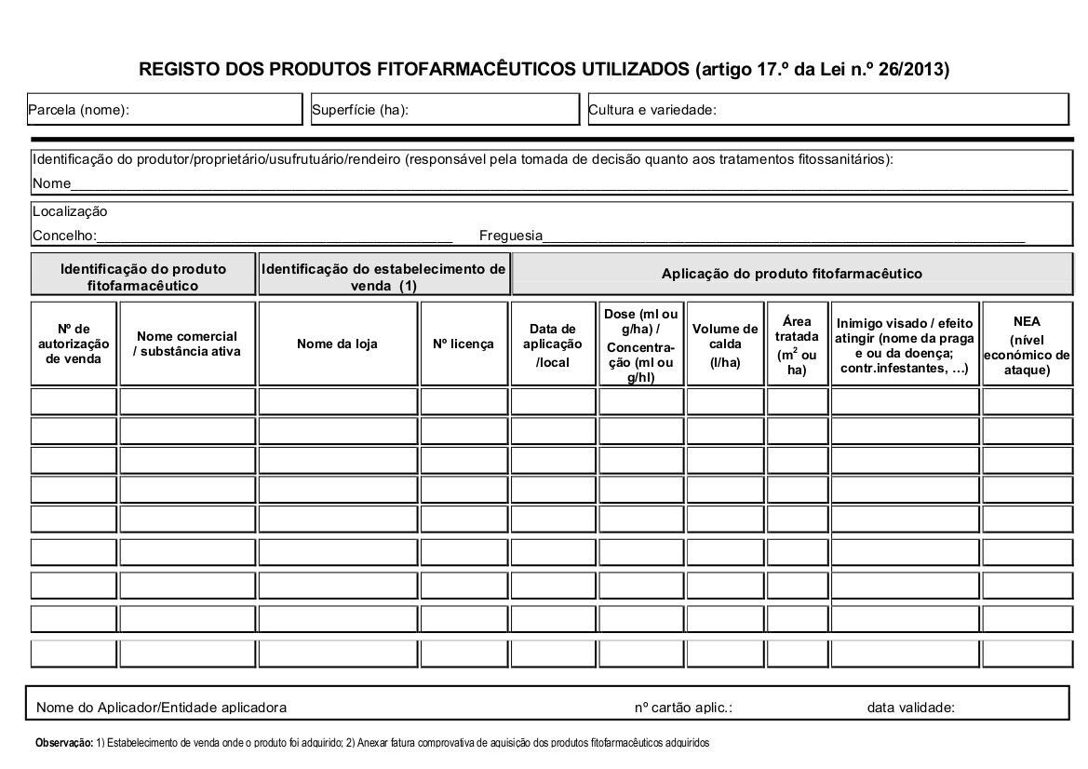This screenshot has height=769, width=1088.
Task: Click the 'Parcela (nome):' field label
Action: point(78,110)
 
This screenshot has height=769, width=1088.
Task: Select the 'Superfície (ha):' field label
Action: point(360,110)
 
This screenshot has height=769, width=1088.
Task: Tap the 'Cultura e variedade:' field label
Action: point(652,110)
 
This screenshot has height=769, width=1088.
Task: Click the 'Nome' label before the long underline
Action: point(51,183)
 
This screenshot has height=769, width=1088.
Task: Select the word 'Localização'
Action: point(70,211)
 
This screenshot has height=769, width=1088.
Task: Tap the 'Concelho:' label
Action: point(64,236)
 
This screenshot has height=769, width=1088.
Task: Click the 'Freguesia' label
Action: point(511,236)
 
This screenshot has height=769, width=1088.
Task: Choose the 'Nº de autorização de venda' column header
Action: point(74,344)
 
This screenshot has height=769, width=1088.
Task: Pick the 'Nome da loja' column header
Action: point(337,344)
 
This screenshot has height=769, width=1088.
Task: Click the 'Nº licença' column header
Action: point(463,344)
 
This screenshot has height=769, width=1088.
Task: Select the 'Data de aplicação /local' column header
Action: point(553,344)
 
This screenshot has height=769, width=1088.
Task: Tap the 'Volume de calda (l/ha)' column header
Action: point(725,344)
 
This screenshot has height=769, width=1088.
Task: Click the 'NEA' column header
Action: point(1027,321)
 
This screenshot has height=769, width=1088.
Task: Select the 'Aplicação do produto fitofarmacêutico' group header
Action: point(791,274)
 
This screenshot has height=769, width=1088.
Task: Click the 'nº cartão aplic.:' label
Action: point(683,708)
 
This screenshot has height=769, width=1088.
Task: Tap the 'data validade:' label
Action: point(910,708)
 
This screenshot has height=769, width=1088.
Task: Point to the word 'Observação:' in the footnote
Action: point(63,743)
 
